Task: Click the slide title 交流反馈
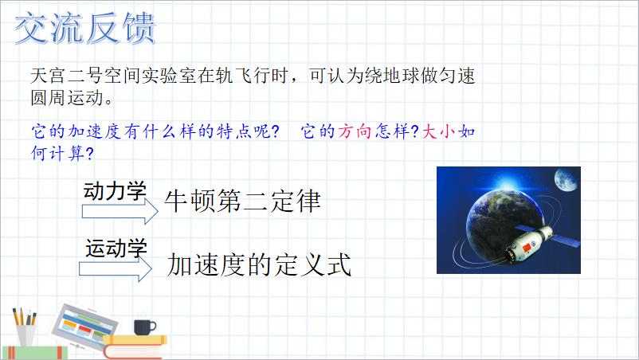click(85, 28)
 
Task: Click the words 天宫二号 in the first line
click(67, 76)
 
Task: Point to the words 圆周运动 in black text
click(67, 98)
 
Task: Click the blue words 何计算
click(58, 153)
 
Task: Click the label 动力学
click(115, 190)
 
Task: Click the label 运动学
click(116, 248)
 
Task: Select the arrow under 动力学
click(120, 211)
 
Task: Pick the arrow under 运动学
click(116, 268)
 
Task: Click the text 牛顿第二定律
click(242, 201)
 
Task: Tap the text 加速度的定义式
click(259, 264)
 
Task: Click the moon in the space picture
click(566, 179)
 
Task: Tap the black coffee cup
click(145, 327)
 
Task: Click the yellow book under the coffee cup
click(135, 339)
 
